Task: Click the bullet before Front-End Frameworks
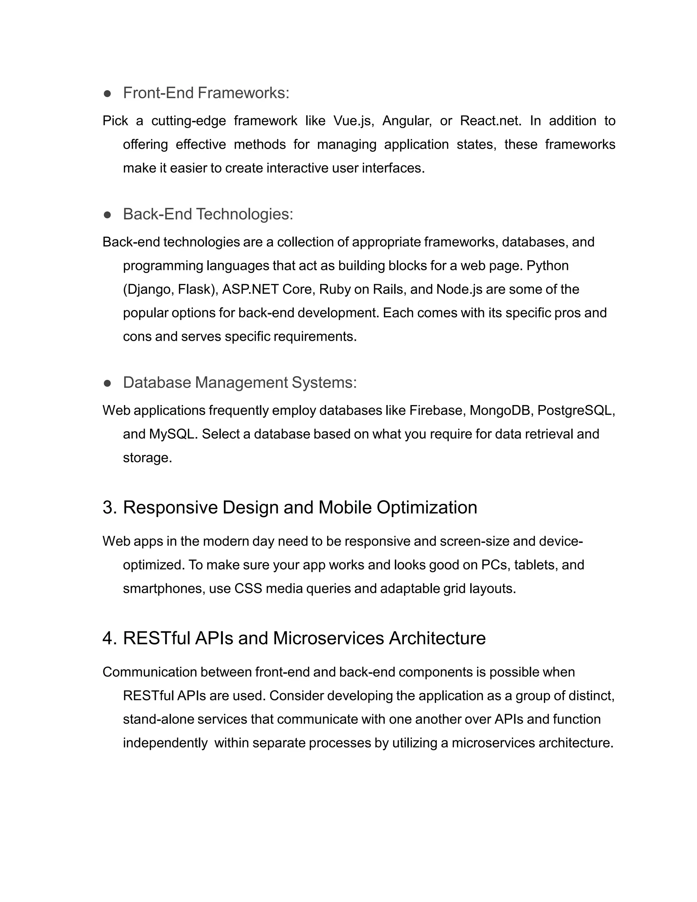(107, 94)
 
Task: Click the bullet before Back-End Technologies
(107, 215)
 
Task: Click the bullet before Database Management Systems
(107, 383)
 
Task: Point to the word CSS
(248, 588)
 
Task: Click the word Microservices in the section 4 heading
(328, 638)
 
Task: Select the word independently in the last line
(165, 743)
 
